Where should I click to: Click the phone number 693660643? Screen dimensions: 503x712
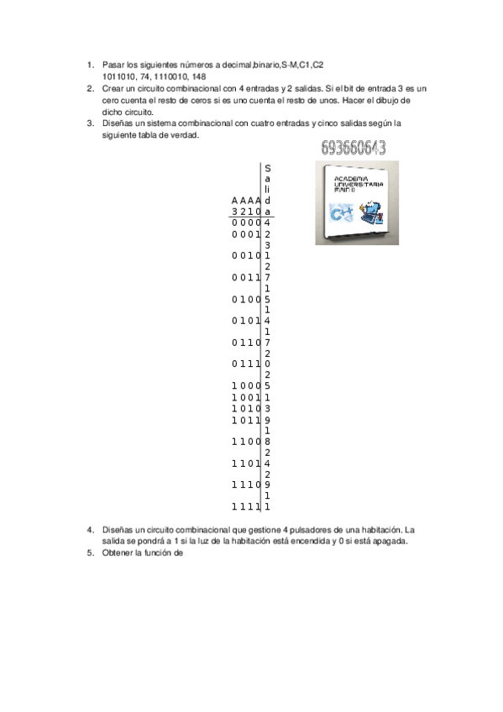[354, 149]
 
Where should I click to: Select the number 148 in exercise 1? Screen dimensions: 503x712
[200, 76]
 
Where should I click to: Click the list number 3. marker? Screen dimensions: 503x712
[90, 123]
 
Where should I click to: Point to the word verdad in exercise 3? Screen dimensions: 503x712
[185, 134]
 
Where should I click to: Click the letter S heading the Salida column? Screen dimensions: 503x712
[267, 168]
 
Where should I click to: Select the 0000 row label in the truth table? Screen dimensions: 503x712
[246, 223]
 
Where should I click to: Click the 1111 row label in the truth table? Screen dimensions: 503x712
[246, 506]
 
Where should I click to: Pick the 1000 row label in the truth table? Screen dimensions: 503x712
[246, 386]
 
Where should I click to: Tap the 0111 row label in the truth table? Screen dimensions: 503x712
[246, 364]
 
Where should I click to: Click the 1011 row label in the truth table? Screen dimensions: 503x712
[246, 419]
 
